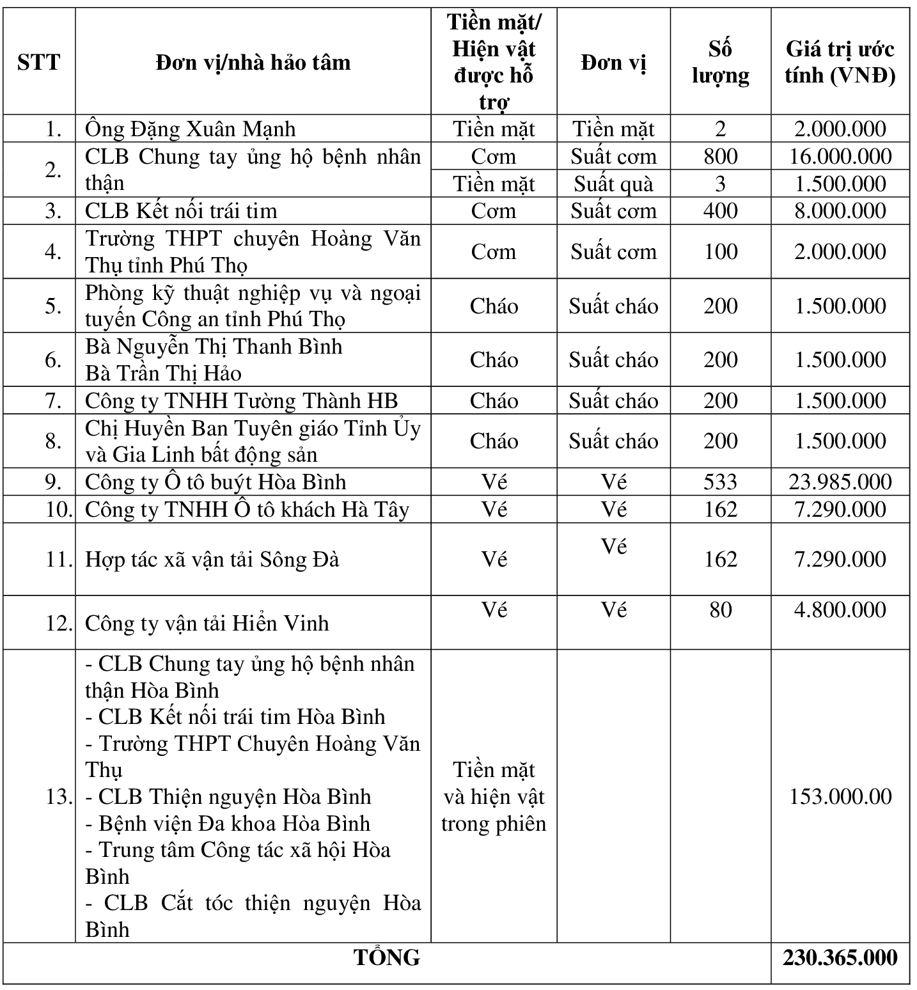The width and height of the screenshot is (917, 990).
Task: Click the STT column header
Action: coord(39,62)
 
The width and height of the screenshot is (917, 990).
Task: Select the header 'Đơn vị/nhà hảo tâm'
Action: coord(253,62)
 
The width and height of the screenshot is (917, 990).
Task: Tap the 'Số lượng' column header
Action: coord(720,62)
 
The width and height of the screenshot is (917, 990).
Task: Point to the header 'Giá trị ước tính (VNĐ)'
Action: coord(840,62)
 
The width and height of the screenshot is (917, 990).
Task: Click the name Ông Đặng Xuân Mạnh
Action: coord(191,129)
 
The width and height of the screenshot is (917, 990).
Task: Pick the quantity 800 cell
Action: coord(720,157)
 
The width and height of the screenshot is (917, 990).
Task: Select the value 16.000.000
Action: coord(840,157)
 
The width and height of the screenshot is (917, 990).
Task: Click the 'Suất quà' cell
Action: coord(613,184)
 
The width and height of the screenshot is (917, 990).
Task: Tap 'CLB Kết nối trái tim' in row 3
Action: coord(181,211)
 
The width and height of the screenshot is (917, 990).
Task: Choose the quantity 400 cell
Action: coord(720,211)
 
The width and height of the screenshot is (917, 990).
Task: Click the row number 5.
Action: coord(53,306)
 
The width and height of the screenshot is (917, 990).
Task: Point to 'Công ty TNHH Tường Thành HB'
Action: coord(242,401)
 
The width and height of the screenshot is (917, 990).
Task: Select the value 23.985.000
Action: coord(840,482)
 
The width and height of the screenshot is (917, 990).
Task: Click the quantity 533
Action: coord(720,482)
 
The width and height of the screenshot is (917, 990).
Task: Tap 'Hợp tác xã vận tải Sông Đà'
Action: coord(212,560)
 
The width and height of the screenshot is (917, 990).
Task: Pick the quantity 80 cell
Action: coord(720,609)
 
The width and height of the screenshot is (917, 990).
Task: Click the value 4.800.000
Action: coord(840,609)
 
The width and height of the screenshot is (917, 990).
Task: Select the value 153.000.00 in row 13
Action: coord(840,796)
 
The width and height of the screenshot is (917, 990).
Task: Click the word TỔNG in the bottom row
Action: coord(387,957)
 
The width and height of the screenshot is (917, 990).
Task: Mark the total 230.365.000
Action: coord(840,957)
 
